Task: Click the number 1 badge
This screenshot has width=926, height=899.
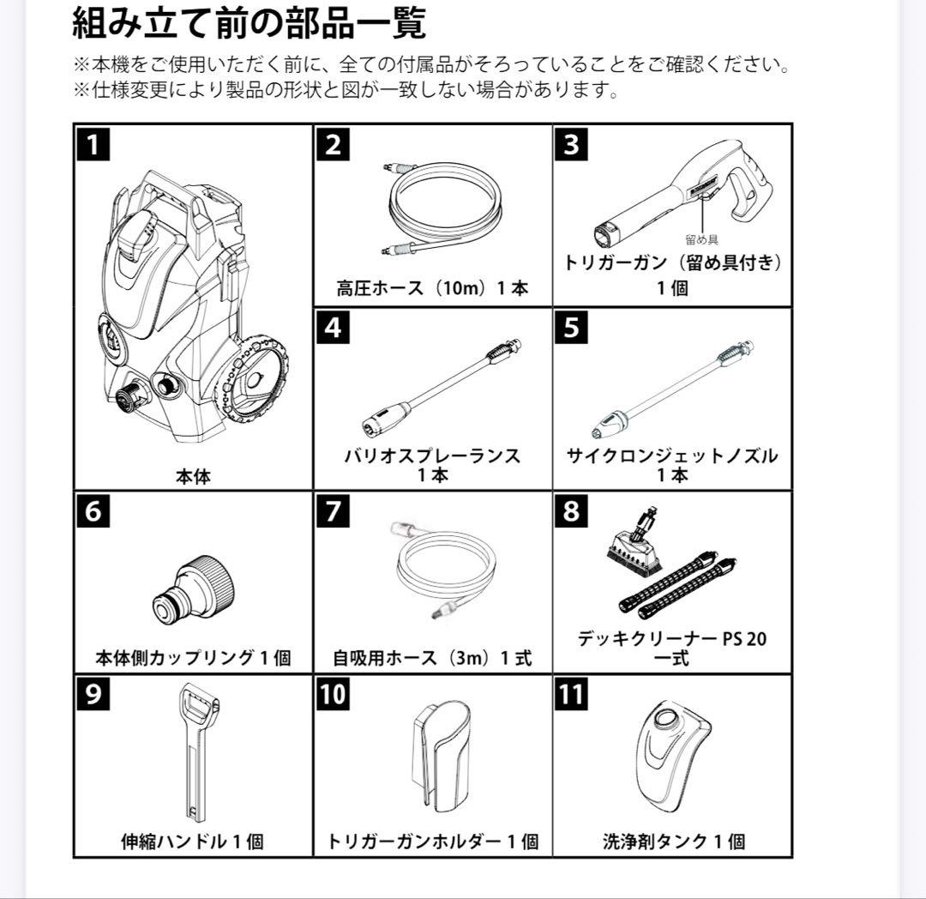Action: pos(93,144)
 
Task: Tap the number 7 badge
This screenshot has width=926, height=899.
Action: pos(333,511)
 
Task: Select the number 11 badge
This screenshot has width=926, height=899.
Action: pos(572,693)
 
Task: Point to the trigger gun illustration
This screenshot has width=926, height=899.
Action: pos(686,193)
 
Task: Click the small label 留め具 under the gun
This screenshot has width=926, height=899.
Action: pos(702,239)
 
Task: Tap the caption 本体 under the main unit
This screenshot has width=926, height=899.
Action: pos(193,476)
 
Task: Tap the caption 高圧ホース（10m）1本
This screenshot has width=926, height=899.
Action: pos(432,288)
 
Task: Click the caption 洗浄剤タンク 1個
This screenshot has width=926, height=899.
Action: pos(673,842)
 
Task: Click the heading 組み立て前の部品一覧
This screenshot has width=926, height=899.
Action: pos(249,24)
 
